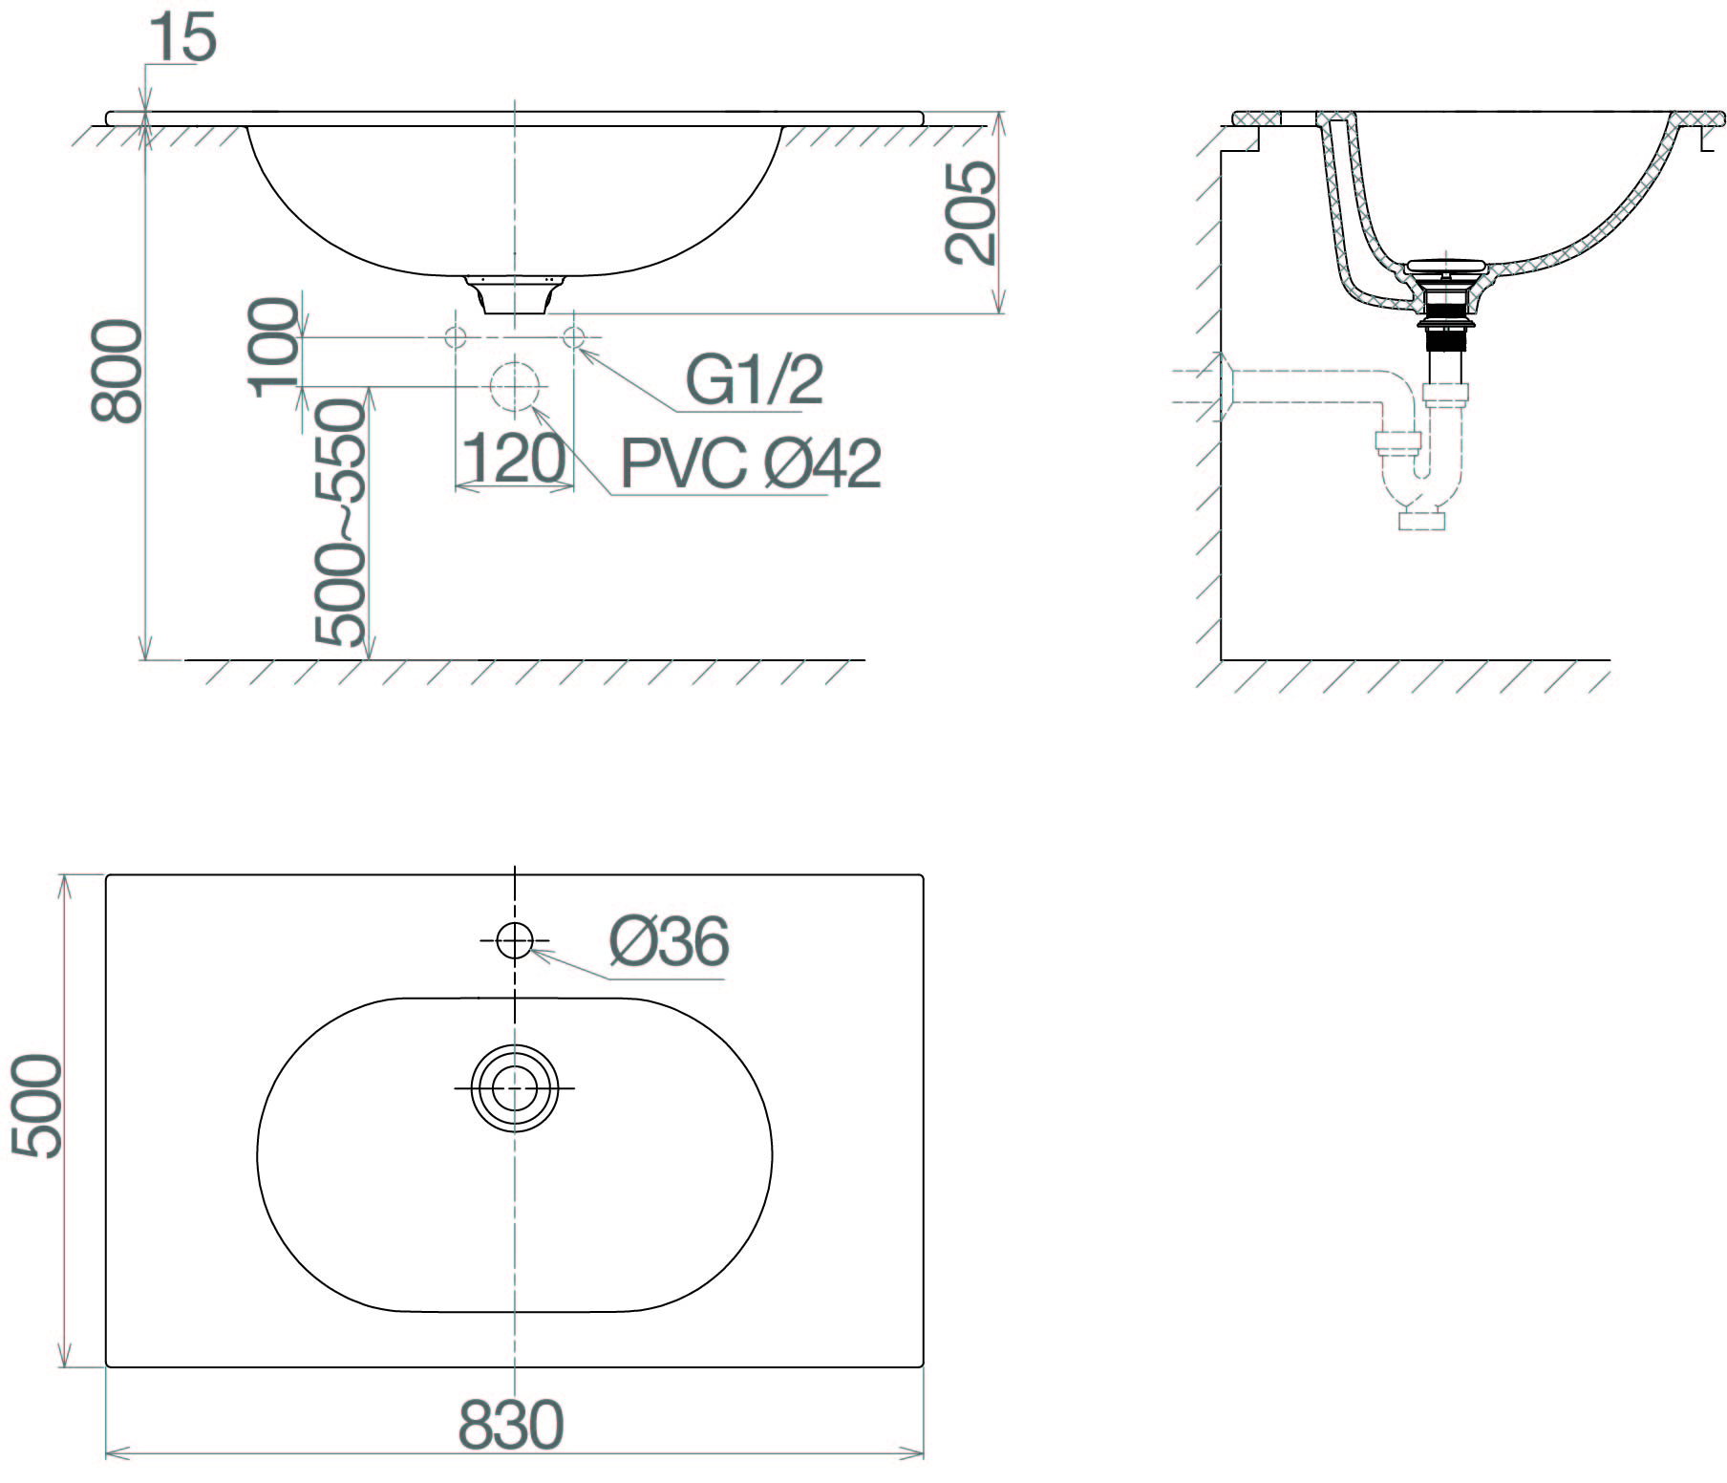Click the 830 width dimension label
[x=511, y=1426]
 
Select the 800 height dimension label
[x=117, y=371]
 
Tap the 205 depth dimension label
[x=970, y=212]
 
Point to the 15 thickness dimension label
[x=182, y=37]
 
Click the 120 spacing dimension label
[x=513, y=459]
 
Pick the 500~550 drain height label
[x=341, y=523]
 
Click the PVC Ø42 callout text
[x=751, y=464]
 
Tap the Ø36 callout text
[x=670, y=941]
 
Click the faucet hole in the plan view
[x=514, y=941]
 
